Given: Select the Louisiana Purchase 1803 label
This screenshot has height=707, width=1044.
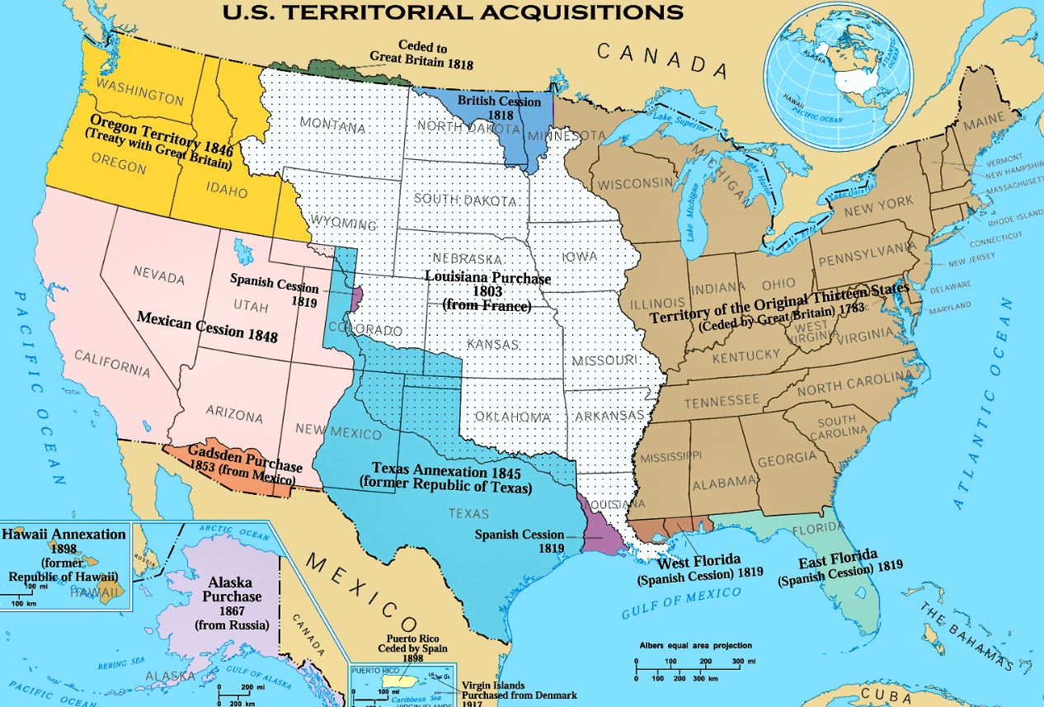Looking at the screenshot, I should click(487, 291).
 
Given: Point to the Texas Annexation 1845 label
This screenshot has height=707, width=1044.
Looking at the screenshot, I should click(444, 478).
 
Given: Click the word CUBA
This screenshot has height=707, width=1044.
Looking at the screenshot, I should click(894, 694).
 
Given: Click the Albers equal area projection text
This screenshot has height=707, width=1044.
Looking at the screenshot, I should click(695, 646).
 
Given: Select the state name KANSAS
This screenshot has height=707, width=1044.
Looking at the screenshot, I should click(492, 344).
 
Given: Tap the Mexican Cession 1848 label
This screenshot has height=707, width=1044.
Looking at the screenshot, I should click(207, 327).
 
